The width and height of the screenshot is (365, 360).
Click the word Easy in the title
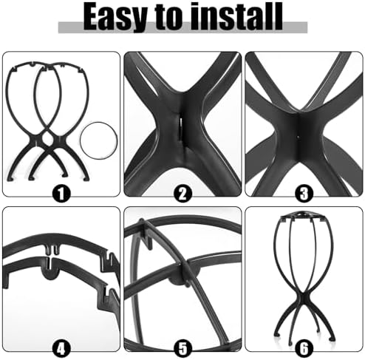point(115,18)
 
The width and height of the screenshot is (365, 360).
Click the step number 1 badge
point(61,194)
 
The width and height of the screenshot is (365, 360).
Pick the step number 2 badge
point(182,194)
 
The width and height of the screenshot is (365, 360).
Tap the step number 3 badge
point(304,194)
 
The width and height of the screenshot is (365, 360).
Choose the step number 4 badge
point(61,348)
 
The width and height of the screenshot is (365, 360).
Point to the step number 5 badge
point(182,348)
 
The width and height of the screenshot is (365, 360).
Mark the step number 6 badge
point(304,348)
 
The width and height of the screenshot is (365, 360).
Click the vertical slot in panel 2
point(180,127)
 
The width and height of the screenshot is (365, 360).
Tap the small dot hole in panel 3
point(298,137)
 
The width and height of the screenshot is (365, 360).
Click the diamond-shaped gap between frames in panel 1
point(47,139)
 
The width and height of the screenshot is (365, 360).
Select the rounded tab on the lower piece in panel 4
point(51,273)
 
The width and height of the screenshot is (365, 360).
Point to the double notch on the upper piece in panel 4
point(53,249)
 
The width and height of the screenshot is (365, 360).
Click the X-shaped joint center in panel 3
point(299,135)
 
